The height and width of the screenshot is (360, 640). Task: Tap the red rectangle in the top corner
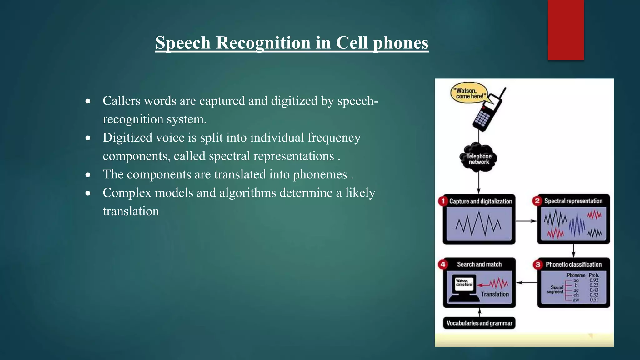(x=566, y=30)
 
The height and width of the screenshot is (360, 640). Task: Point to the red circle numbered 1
(x=443, y=201)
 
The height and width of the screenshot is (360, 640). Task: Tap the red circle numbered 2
(x=537, y=201)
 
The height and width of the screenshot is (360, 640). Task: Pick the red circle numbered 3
(x=538, y=264)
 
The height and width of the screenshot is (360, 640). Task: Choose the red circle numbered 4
(x=443, y=264)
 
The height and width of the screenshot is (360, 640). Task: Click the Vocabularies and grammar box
(x=479, y=323)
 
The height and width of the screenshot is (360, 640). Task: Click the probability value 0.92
(x=594, y=280)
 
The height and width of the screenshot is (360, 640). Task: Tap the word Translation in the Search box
(x=495, y=294)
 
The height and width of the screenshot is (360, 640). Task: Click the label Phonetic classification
(x=573, y=264)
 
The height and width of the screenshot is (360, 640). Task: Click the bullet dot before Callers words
(x=88, y=101)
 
